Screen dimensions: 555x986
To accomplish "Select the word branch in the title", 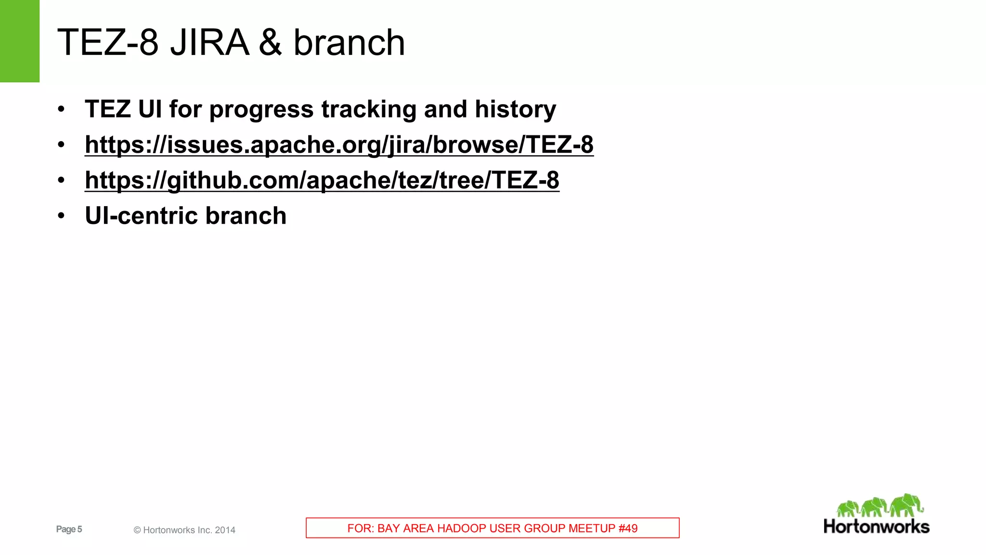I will tap(349, 42).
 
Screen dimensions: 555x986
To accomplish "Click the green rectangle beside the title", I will tap(19, 41).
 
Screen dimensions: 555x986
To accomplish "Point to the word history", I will tap(515, 109).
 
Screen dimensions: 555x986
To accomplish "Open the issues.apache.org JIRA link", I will tap(339, 145).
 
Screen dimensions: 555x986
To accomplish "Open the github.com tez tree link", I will tap(322, 180).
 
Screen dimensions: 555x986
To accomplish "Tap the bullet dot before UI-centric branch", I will tap(61, 216).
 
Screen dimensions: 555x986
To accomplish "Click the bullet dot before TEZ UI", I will tap(61, 109).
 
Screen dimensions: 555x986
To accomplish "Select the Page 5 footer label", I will tap(69, 529).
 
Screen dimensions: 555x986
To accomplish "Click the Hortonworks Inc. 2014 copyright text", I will tap(184, 530).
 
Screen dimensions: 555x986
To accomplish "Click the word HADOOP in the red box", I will tap(457, 529).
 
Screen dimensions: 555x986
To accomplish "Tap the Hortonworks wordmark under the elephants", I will tap(876, 527).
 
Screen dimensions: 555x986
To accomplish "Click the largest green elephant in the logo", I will tap(906, 505).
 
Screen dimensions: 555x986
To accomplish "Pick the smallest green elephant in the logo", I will tap(848, 509).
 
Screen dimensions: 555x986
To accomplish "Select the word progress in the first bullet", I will tap(261, 109).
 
